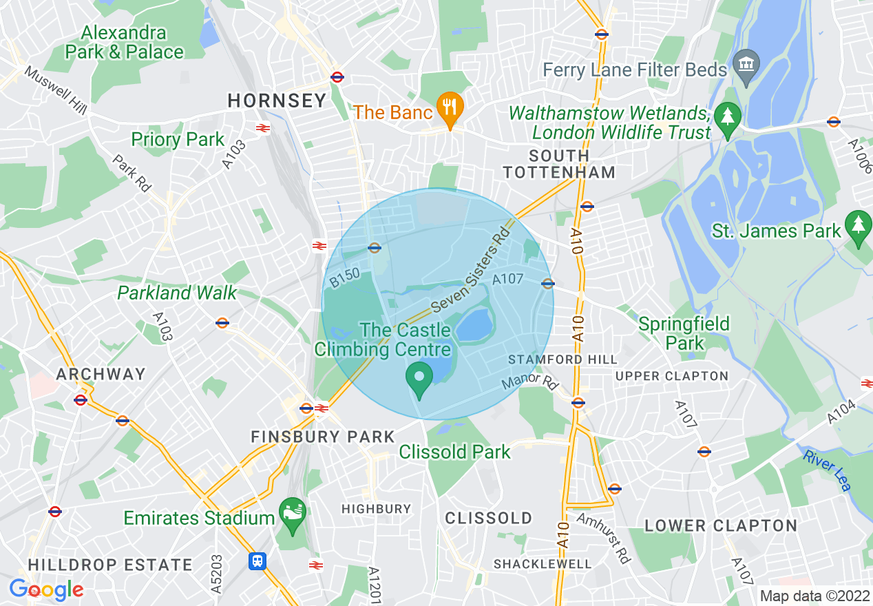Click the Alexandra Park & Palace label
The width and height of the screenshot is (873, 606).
[124, 42]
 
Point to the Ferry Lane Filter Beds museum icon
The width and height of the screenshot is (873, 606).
[745, 64]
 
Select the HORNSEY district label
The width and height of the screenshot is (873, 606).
[277, 101]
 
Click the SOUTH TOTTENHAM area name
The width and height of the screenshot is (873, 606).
[559, 164]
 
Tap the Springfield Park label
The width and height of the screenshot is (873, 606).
[684, 333]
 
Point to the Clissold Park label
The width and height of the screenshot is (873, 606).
[455, 452]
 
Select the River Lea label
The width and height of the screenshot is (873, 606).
[826, 470]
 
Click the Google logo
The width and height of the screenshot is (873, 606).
[46, 589]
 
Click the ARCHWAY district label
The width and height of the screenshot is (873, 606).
[101, 374]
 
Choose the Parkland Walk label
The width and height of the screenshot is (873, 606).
[177, 293]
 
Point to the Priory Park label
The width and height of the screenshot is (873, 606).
[178, 140]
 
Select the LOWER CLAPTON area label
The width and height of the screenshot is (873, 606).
[720, 525]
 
